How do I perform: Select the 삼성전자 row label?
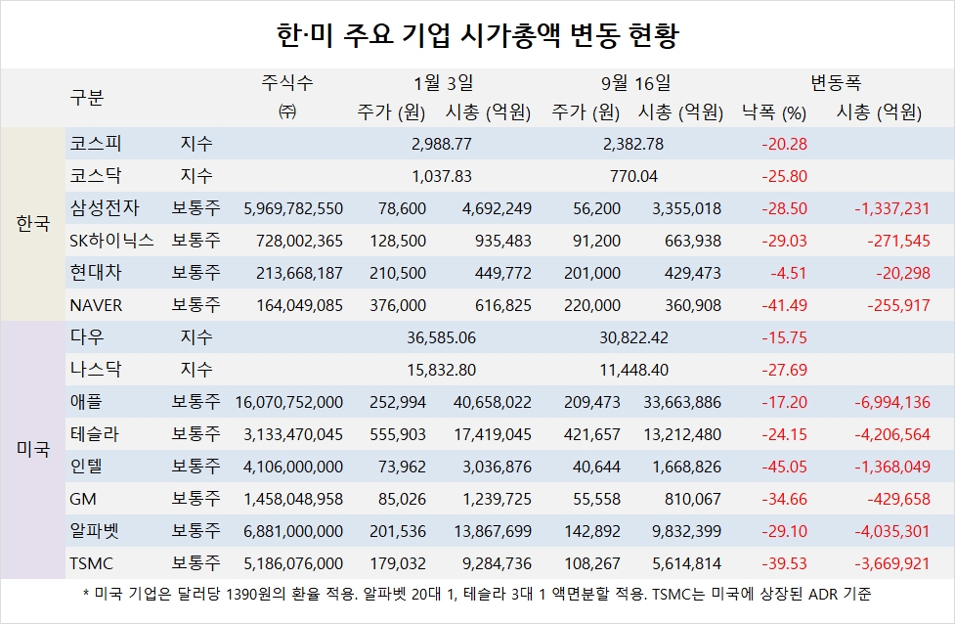[x=106, y=208]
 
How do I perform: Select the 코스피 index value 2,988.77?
[x=442, y=144]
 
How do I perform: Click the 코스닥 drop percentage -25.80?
[x=784, y=176]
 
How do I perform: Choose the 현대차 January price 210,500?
[x=400, y=273]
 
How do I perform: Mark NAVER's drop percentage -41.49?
[x=784, y=305]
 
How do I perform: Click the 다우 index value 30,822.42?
[x=634, y=337]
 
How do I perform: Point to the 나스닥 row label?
[x=93, y=370]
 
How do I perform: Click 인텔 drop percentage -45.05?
[x=784, y=467]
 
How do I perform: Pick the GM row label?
[x=83, y=499]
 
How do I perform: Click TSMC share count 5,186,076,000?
[x=289, y=563]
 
